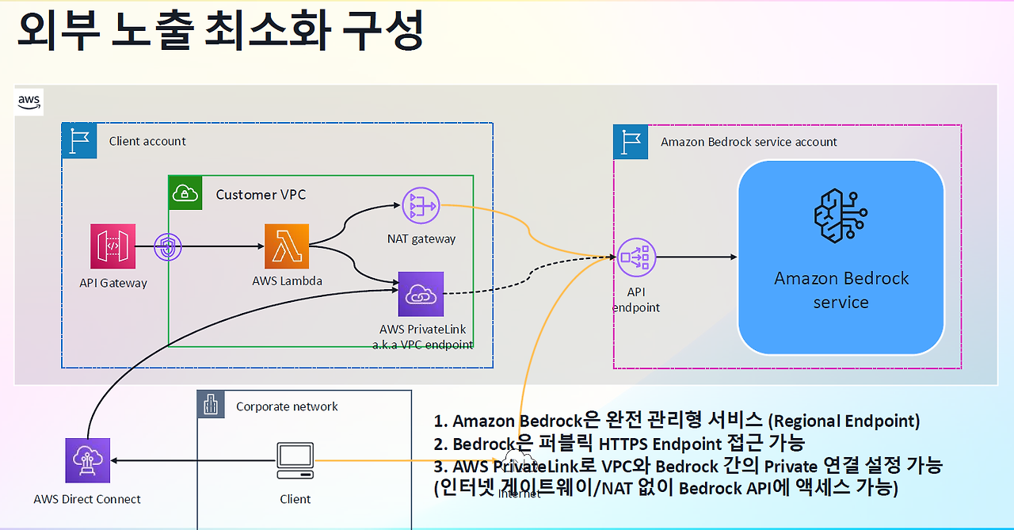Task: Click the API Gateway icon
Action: [x=112, y=246]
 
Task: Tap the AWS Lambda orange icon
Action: [x=286, y=246]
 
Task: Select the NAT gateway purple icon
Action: [x=420, y=207]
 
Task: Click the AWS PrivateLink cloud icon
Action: [x=421, y=294]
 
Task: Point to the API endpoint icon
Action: [x=636, y=257]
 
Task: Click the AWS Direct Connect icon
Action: [x=87, y=460]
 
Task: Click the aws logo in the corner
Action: [x=29, y=101]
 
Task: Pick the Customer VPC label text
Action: [x=261, y=195]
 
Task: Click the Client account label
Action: [x=147, y=141]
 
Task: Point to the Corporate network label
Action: [x=287, y=406]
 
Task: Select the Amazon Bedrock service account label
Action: [x=749, y=142]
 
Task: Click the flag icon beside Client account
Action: [x=78, y=140]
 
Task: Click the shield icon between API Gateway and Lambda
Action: [x=167, y=246]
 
